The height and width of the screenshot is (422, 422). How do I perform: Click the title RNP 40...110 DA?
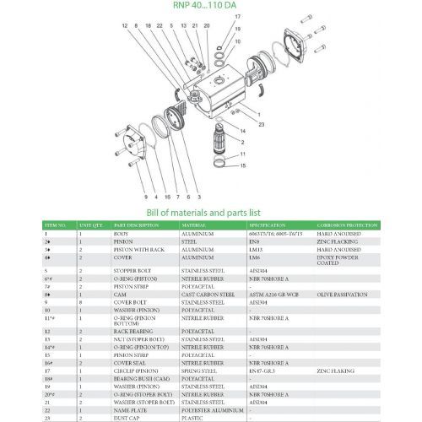pyautogui.click(x=210, y=6)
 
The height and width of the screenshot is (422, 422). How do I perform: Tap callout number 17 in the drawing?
pyautogui.click(x=237, y=17)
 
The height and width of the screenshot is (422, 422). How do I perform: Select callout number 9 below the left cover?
pyautogui.click(x=133, y=197)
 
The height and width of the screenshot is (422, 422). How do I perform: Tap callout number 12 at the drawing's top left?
pyautogui.click(x=123, y=27)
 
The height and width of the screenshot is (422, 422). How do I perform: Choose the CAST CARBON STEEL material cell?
pyautogui.click(x=203, y=293)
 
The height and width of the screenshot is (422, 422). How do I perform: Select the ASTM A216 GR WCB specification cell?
pyautogui.click(x=275, y=293)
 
